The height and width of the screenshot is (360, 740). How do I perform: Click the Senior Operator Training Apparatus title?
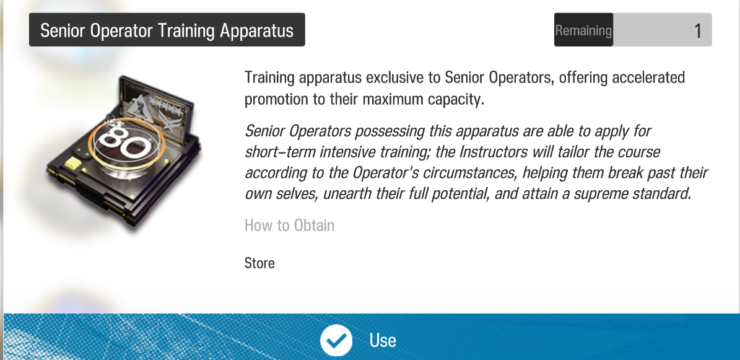tap(167, 30)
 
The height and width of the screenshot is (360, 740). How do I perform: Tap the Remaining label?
tap(583, 30)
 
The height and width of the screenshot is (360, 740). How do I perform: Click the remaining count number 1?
tap(698, 31)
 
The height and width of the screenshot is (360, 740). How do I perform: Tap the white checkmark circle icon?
tap(336, 340)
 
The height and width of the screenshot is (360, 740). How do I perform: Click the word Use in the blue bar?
tap(382, 340)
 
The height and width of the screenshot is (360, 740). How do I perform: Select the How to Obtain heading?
tap(289, 226)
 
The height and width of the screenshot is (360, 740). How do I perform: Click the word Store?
tap(259, 263)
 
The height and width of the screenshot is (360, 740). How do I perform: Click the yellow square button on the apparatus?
tap(74, 165)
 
